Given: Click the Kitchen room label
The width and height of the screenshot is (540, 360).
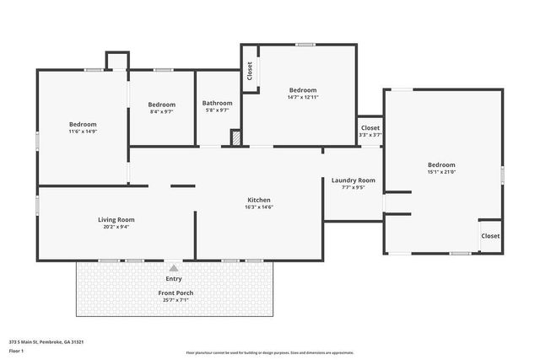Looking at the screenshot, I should point(258,200).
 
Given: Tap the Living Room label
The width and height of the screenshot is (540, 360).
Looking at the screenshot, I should point(116,219).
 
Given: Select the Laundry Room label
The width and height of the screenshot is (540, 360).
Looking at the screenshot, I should point(353,180).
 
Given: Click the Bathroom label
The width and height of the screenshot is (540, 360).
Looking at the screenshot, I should point(218,103).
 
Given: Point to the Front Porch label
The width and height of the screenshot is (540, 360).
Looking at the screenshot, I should point(175,293).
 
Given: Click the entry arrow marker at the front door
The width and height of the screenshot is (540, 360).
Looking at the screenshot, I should point(174,266).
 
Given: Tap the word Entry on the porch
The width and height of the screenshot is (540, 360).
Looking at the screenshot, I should point(174,278).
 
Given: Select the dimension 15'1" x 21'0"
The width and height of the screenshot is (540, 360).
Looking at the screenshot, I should point(441,172).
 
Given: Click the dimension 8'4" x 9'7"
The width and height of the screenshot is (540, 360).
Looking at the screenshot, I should point(162,110).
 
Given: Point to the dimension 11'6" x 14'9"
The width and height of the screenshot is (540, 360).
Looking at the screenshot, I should point(83,131).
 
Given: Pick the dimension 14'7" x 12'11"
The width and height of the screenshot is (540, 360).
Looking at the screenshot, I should point(303,97).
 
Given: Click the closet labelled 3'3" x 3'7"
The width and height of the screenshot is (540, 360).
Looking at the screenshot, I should point(370,135).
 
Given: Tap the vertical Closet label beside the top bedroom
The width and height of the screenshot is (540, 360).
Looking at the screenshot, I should point(250,71).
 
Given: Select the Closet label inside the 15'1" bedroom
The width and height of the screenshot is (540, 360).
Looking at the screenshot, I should point(490,236).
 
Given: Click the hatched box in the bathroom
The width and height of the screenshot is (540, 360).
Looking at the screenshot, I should point(236,137).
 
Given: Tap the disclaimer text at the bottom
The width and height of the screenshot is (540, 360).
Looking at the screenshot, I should point(270,352).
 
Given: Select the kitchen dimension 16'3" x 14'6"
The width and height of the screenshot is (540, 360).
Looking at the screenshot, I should point(258,207).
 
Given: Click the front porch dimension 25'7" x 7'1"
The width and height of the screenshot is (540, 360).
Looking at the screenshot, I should point(175,299).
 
